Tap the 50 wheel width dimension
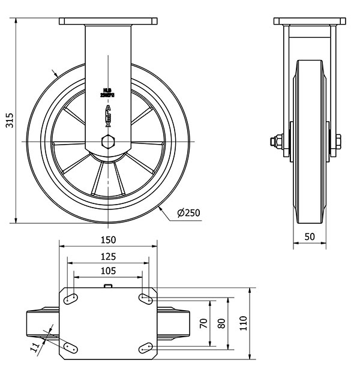(310, 236)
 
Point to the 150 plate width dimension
(108, 239)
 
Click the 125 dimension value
(108, 256)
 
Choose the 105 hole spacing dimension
(108, 271)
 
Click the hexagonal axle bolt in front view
(107, 142)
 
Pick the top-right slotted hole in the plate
(145, 299)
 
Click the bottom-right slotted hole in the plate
(145, 346)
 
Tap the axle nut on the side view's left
(273, 142)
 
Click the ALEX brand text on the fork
(108, 114)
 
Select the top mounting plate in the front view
(107, 22)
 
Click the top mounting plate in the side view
(310, 22)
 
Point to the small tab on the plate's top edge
(108, 286)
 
